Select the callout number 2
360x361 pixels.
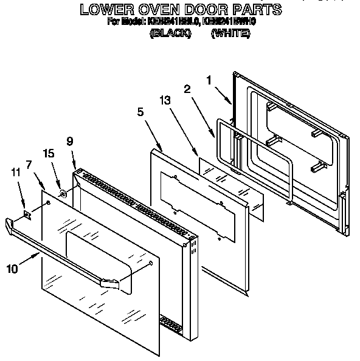(x=187, y=89)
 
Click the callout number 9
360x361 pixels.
(x=70, y=140)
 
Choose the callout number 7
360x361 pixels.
(x=28, y=164)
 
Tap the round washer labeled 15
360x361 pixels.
(x=63, y=195)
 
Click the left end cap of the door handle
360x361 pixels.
(x=10, y=226)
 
